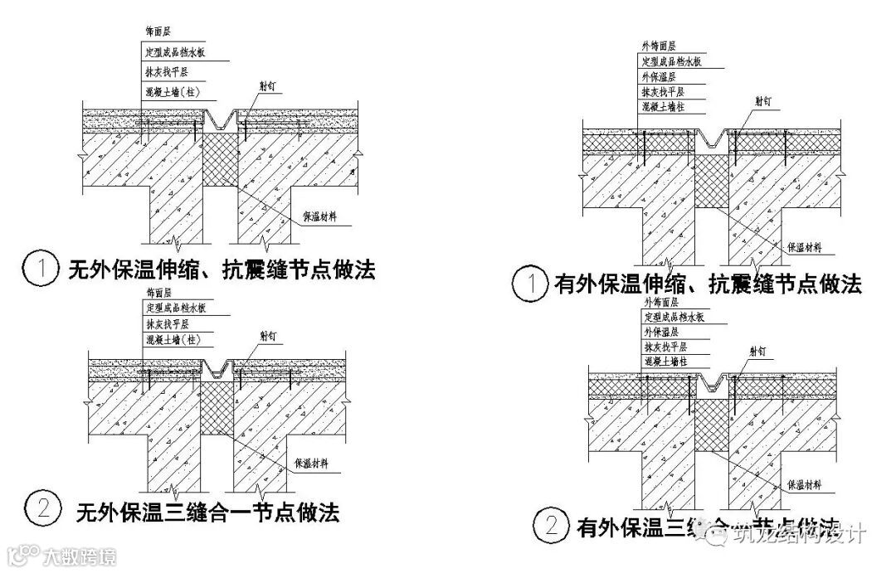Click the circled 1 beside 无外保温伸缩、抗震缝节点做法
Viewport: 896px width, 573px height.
pos(39,270)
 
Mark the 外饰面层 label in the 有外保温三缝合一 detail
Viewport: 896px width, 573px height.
pos(660,302)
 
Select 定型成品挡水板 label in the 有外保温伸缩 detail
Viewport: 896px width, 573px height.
pos(672,61)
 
